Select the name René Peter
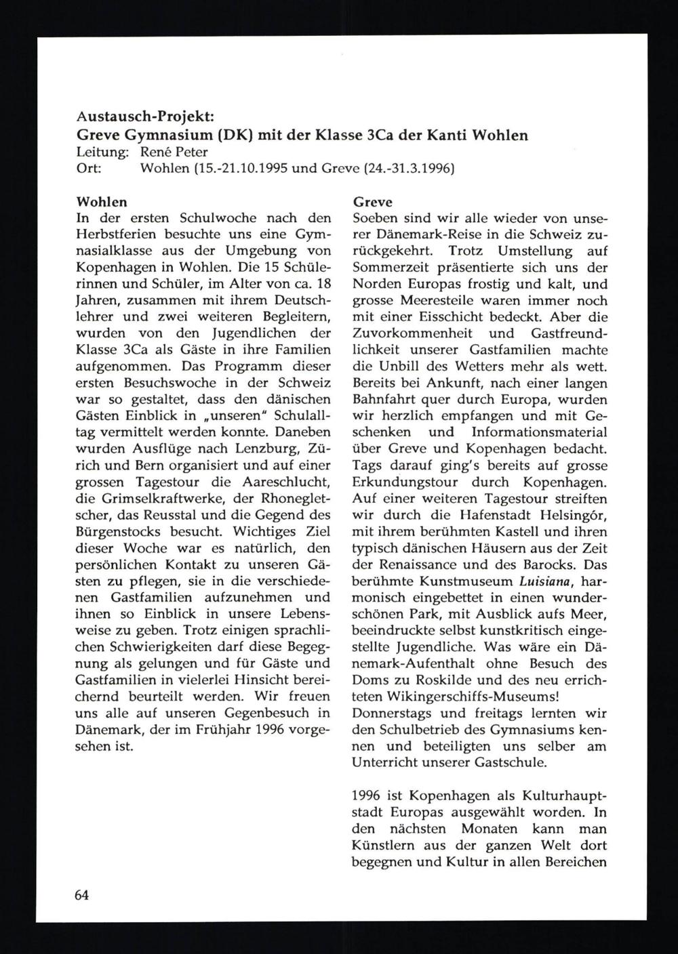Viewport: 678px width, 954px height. (x=174, y=152)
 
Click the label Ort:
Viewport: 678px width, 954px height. (x=89, y=168)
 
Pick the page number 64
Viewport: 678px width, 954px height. (x=82, y=894)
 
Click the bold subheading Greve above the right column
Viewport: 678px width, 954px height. (x=373, y=202)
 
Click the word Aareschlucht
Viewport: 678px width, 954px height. (x=291, y=482)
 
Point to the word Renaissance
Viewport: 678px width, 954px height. (x=410, y=564)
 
